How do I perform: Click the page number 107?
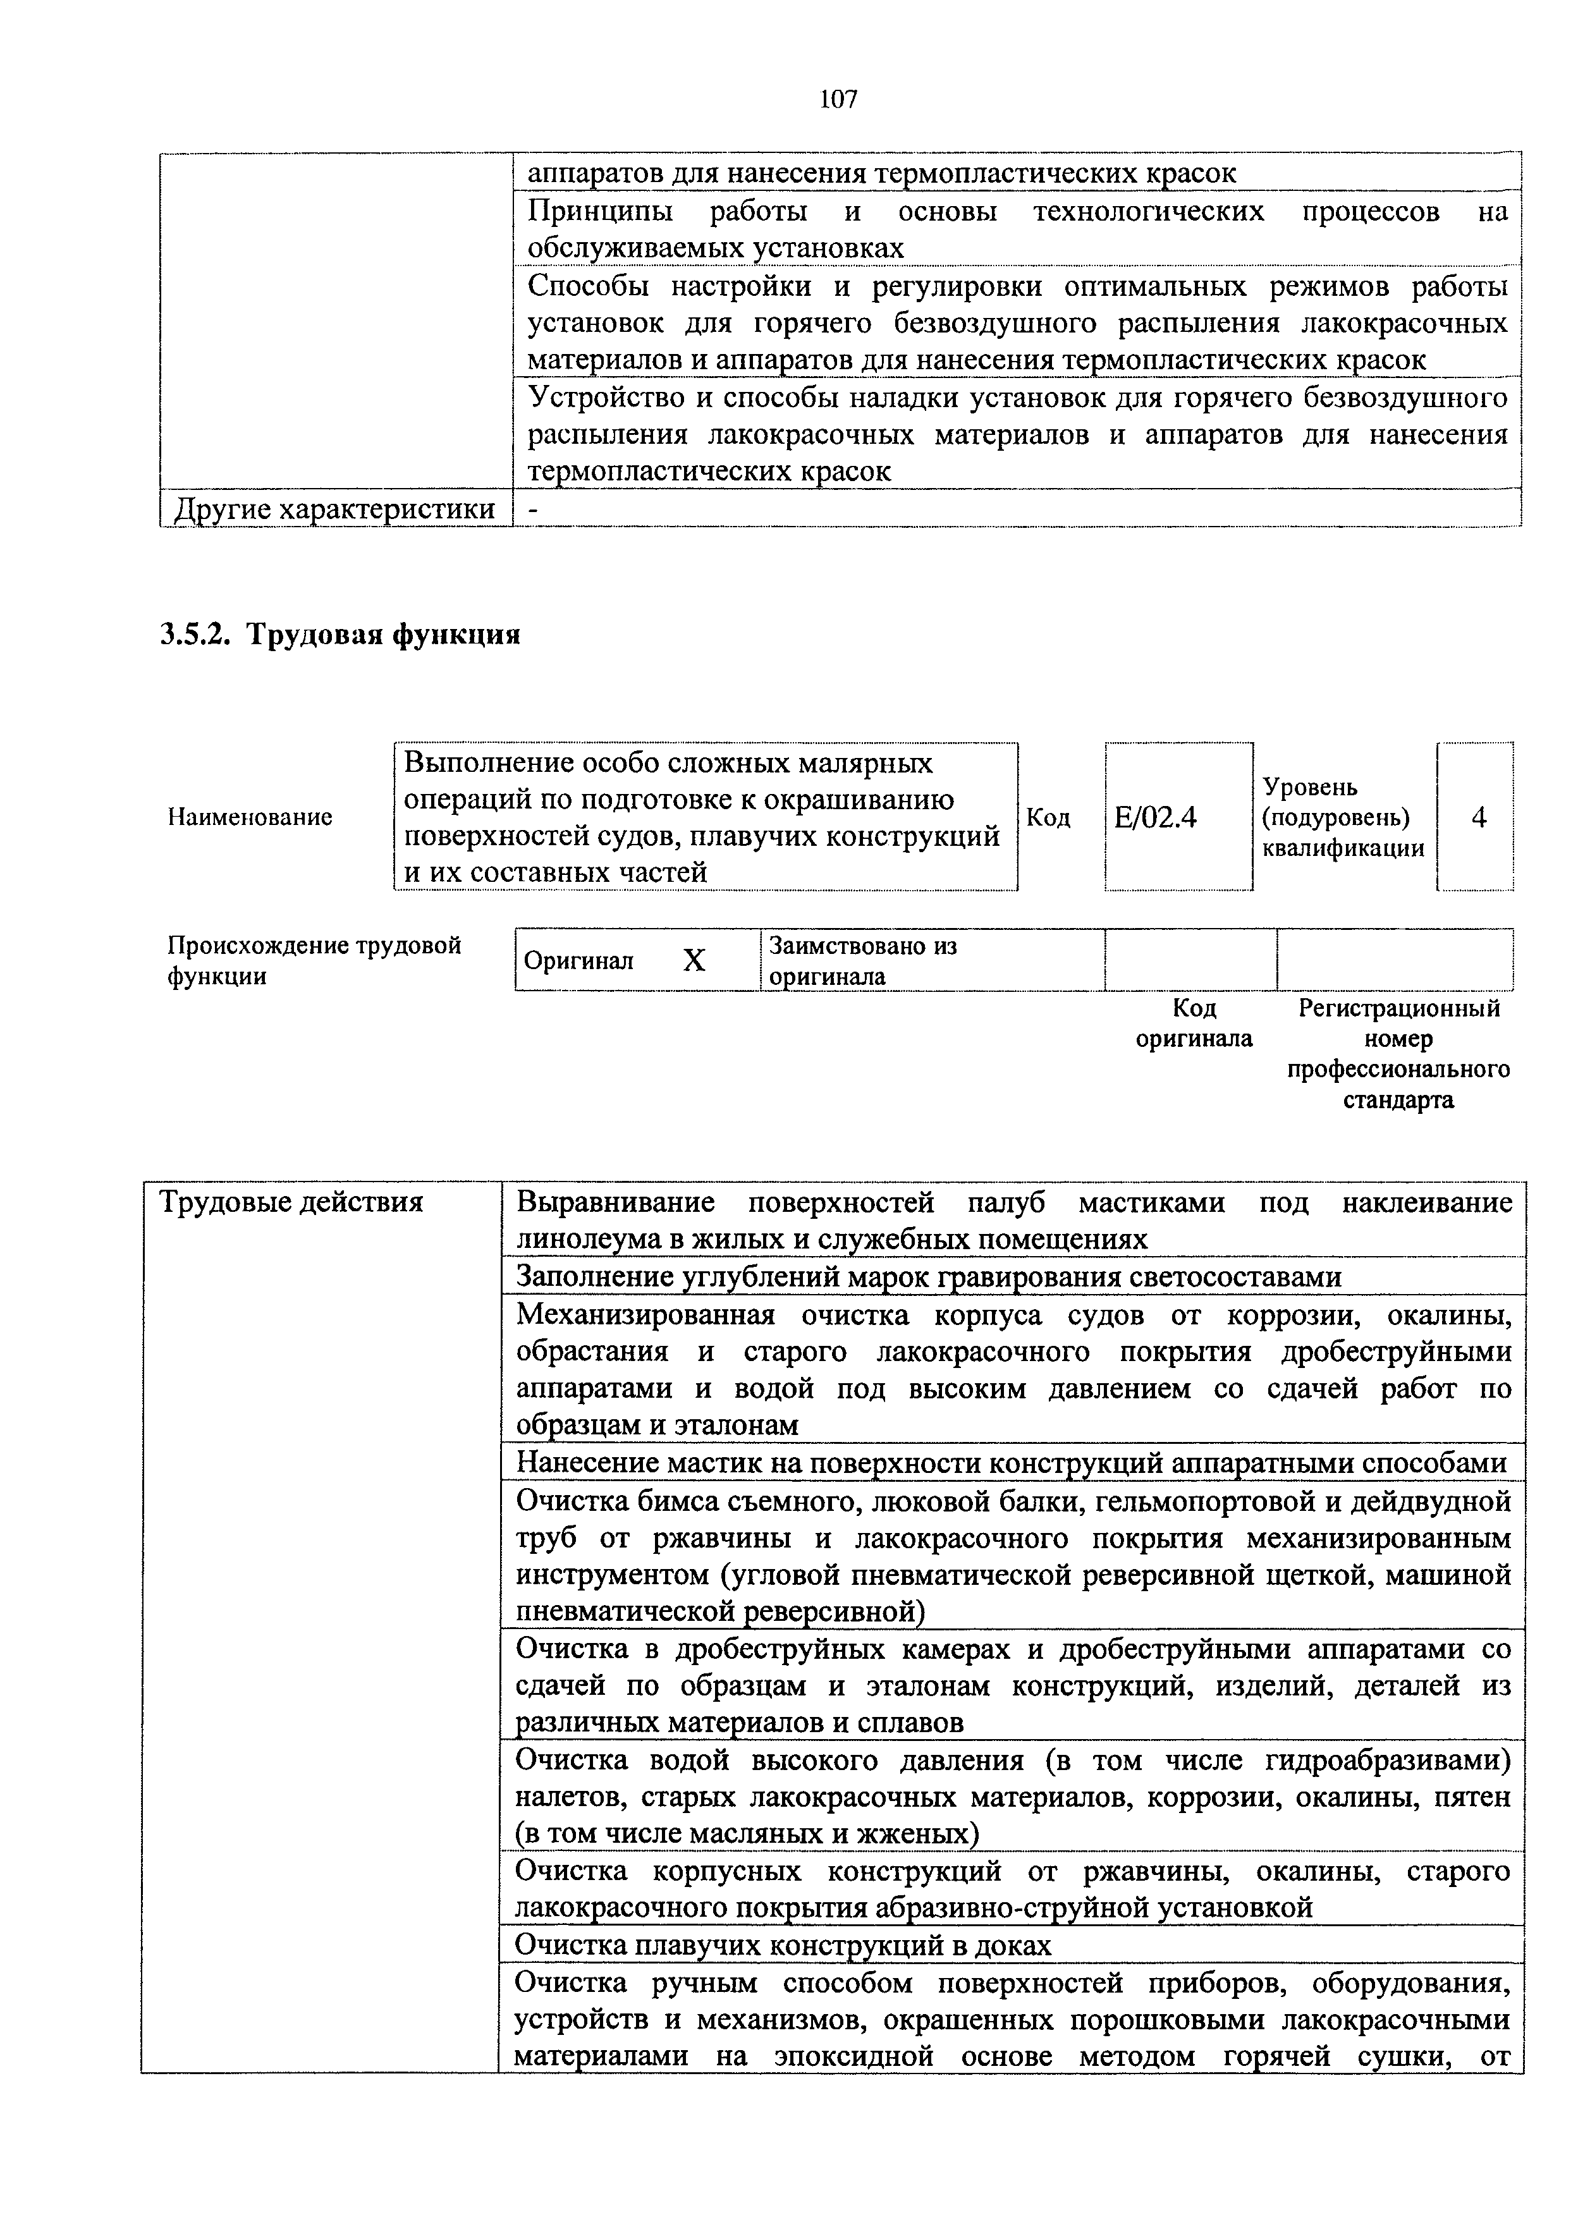838,99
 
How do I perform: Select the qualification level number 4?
1478,818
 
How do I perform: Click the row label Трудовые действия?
291,1203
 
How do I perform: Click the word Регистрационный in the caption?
1398,1008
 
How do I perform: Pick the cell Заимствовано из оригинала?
863,960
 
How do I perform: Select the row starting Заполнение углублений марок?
928,1276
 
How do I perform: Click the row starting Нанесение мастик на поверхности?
1010,1463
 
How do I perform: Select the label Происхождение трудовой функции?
313,960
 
